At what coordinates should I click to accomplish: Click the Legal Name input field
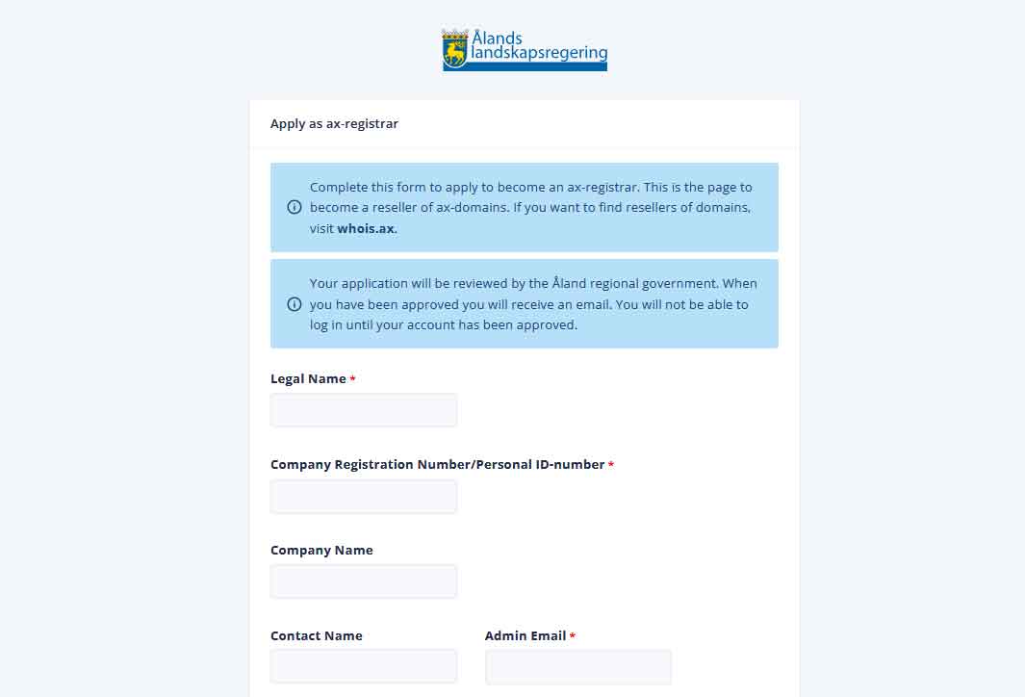click(363, 410)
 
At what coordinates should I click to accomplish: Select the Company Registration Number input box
click(363, 497)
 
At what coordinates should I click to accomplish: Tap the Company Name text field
click(363, 581)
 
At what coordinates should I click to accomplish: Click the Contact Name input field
click(363, 666)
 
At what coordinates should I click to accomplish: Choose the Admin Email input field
click(577, 666)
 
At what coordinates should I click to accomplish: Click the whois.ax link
click(366, 229)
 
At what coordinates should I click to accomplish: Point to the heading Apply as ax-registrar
click(334, 124)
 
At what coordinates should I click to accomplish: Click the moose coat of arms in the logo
click(454, 49)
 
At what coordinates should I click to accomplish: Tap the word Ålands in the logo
click(497, 39)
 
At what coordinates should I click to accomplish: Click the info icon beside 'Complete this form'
click(295, 207)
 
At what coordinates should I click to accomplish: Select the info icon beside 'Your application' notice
click(295, 304)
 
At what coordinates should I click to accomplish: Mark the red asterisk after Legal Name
click(352, 380)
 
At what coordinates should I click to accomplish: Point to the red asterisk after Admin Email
click(573, 636)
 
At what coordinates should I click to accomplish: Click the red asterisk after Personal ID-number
click(611, 466)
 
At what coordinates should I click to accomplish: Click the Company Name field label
click(321, 551)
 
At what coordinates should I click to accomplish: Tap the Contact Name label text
click(316, 635)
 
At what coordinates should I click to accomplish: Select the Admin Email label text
click(525, 635)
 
